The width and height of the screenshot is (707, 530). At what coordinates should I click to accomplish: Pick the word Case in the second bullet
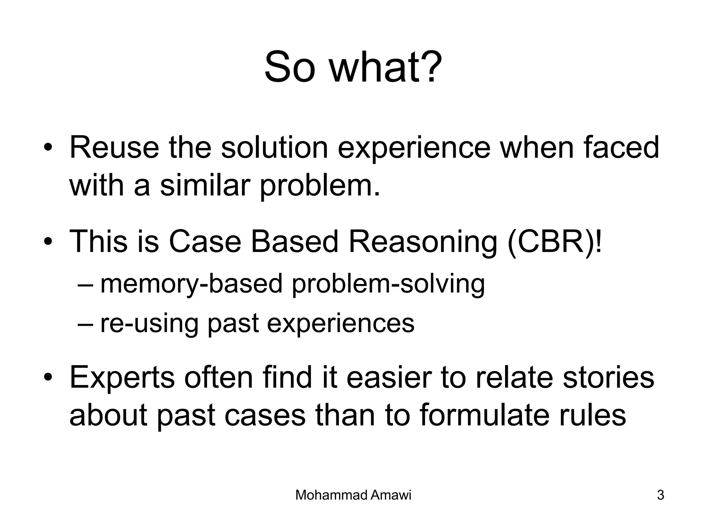[205, 242]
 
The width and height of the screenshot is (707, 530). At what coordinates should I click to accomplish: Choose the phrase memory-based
[191, 284]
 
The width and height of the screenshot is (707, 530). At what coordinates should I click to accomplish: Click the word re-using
[149, 324]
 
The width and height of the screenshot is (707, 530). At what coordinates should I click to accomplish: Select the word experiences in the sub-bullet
[340, 324]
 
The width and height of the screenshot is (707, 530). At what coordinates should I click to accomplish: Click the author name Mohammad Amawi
[353, 495]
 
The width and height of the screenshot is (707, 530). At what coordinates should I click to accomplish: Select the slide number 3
[660, 495]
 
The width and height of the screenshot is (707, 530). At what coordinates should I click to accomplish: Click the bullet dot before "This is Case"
[48, 242]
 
